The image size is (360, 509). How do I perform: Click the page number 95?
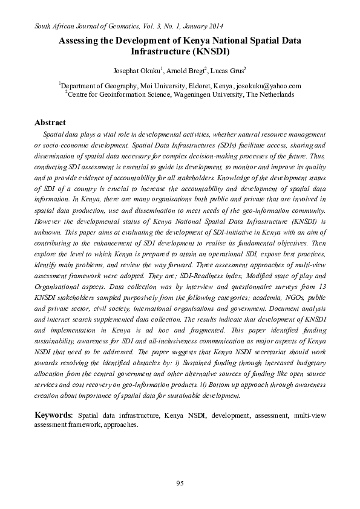coord(180,482)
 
